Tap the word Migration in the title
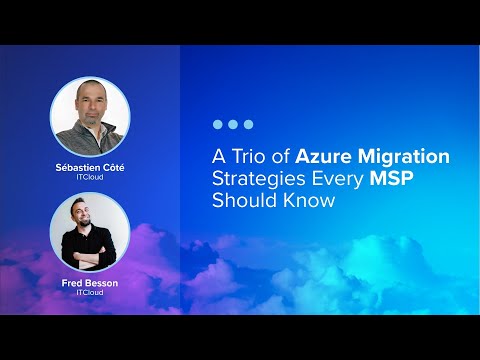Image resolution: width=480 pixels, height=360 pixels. (405, 158)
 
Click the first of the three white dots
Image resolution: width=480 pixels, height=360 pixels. (218, 125)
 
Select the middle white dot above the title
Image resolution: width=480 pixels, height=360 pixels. (233, 125)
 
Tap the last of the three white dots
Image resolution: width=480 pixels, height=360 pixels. (248, 125)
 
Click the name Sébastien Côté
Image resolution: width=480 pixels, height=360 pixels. (90, 167)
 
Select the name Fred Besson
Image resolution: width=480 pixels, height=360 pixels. (90, 283)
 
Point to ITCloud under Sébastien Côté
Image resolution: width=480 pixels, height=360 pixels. (90, 176)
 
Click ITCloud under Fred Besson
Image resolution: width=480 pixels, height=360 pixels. (90, 292)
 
